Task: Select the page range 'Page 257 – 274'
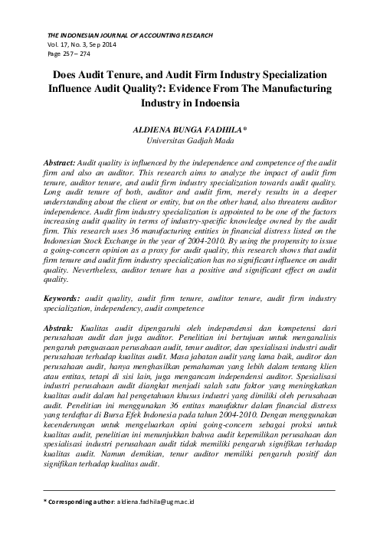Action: (70, 54)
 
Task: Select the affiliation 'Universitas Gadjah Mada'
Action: (191, 140)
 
